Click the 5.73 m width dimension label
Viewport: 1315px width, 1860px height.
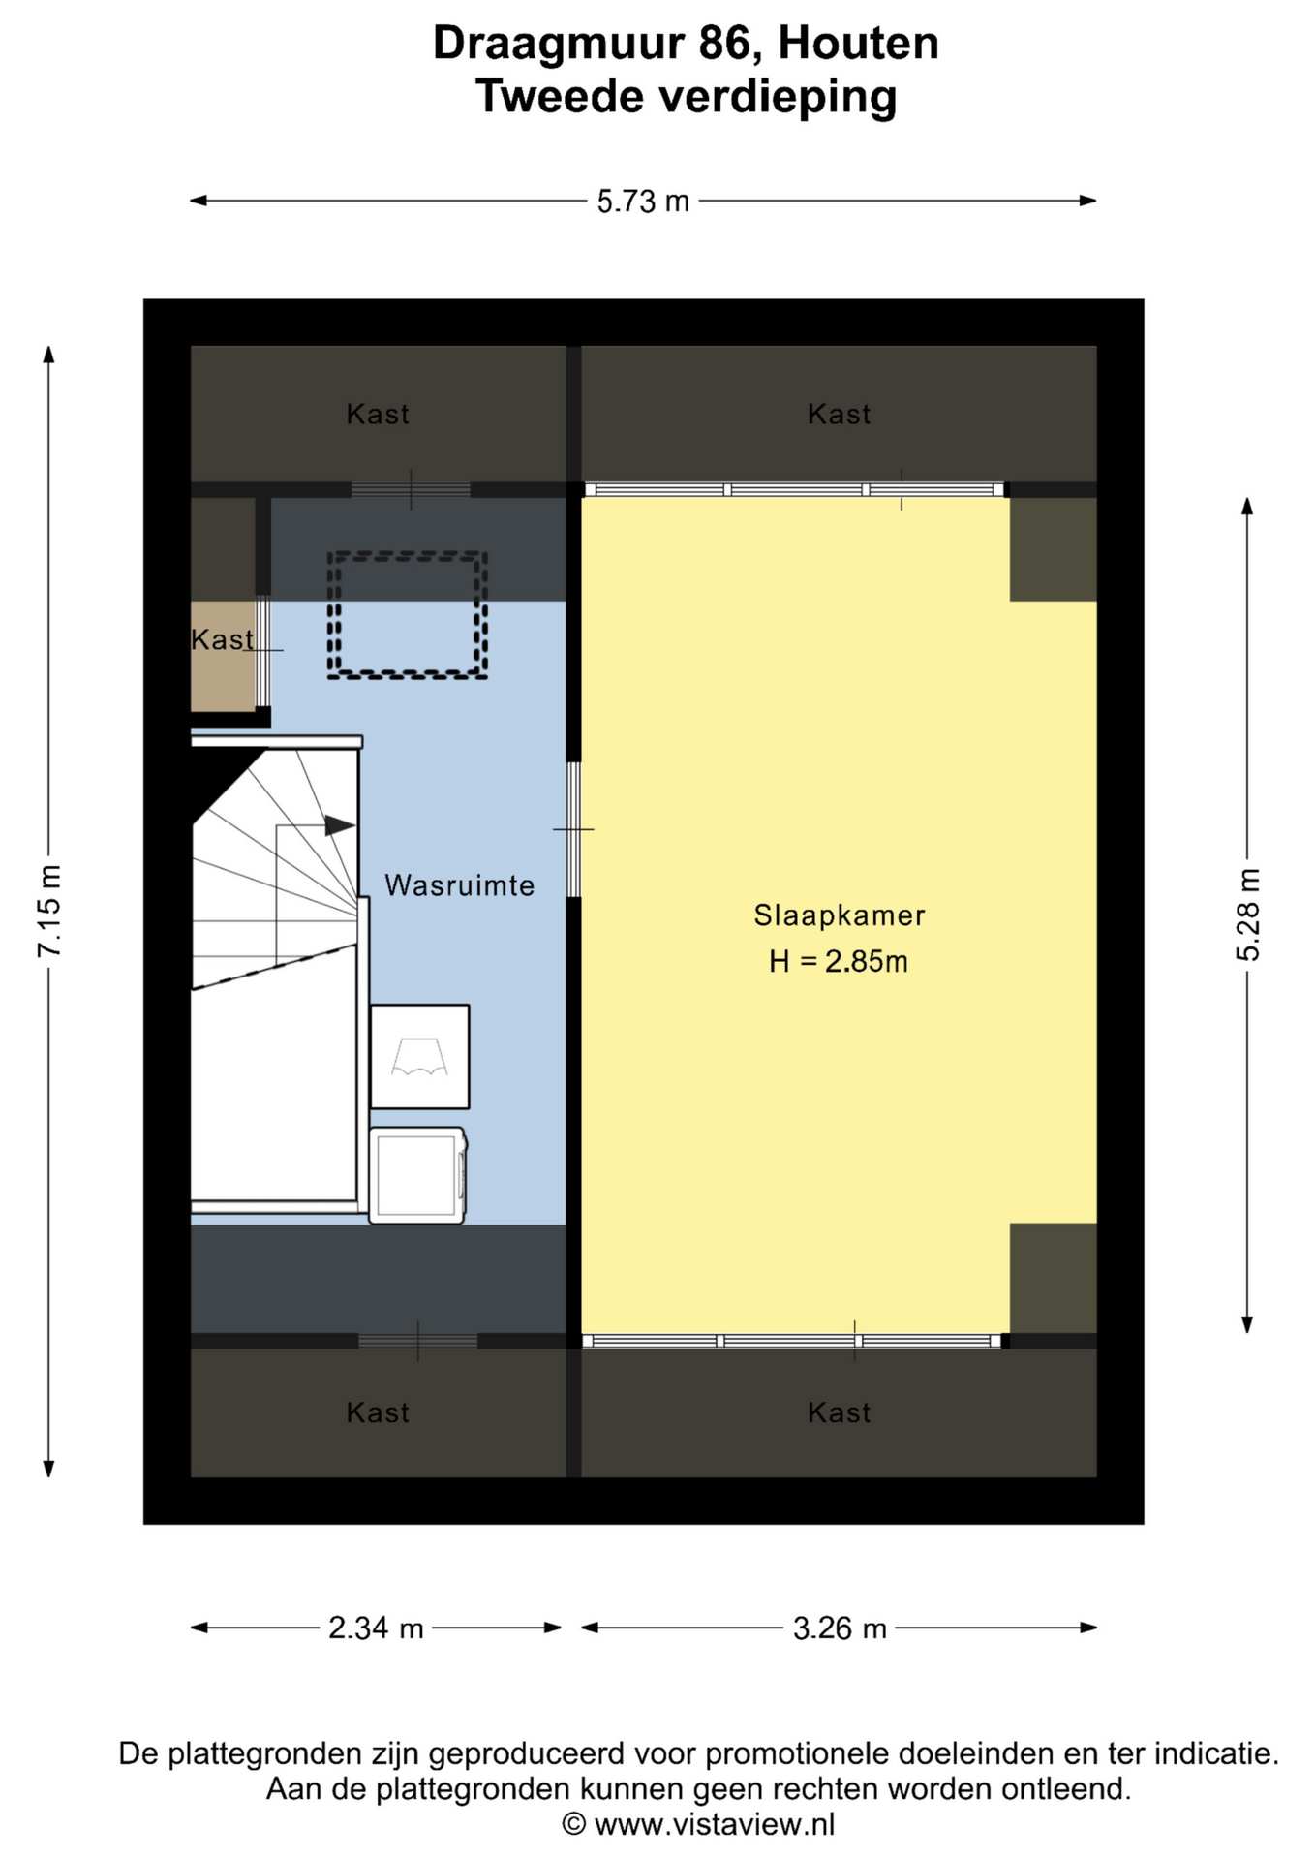pyautogui.click(x=643, y=201)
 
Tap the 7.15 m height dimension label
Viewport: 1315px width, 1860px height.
pyautogui.click(x=49, y=911)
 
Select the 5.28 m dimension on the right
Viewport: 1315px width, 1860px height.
pyautogui.click(x=1247, y=914)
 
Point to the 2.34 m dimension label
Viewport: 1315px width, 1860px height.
pyautogui.click(x=376, y=1627)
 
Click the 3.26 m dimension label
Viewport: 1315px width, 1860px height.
pyautogui.click(x=840, y=1627)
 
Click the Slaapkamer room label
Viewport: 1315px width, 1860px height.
pyautogui.click(x=840, y=915)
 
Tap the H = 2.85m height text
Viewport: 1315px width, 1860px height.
pyautogui.click(x=839, y=961)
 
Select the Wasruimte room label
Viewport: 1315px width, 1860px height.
pyautogui.click(x=459, y=885)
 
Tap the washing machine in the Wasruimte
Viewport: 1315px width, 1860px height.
pyautogui.click(x=418, y=1174)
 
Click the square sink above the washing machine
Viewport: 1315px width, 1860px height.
pyautogui.click(x=420, y=1057)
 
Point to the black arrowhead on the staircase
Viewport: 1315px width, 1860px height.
pyautogui.click(x=339, y=825)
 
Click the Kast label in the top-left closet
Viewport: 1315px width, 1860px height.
pyautogui.click(x=378, y=415)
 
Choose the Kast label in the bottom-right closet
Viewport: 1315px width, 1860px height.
pyautogui.click(x=840, y=1412)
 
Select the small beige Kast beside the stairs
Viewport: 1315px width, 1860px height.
pyautogui.click(x=223, y=656)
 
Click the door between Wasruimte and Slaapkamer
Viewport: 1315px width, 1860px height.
pyautogui.click(x=573, y=829)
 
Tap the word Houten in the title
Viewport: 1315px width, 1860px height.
pyautogui.click(x=858, y=44)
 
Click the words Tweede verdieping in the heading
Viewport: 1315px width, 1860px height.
pyautogui.click(x=686, y=97)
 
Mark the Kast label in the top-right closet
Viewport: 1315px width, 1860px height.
pyautogui.click(x=840, y=415)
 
